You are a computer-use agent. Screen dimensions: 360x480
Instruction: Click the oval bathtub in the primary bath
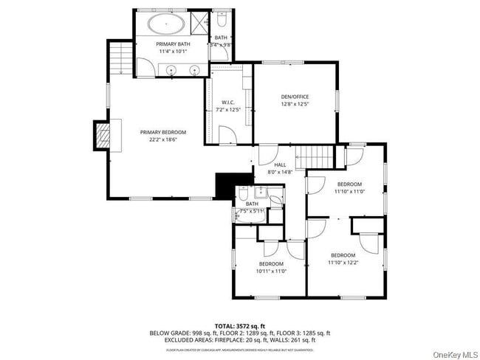(167, 24)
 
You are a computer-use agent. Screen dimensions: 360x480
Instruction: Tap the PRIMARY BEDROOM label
(159, 132)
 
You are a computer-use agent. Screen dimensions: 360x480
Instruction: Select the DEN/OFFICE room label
(295, 97)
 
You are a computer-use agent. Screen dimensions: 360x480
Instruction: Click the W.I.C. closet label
(228, 103)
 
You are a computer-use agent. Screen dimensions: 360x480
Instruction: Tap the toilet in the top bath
(220, 22)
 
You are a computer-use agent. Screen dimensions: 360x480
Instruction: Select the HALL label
(280, 165)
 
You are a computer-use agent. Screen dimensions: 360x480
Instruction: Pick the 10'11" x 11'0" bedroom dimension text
(271, 271)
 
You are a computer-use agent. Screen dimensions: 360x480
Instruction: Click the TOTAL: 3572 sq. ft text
(241, 325)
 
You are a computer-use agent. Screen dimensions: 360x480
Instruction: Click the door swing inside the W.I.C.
(230, 135)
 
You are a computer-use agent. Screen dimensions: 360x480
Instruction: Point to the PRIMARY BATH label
(173, 44)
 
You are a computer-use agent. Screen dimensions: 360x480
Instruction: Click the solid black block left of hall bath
(224, 186)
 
